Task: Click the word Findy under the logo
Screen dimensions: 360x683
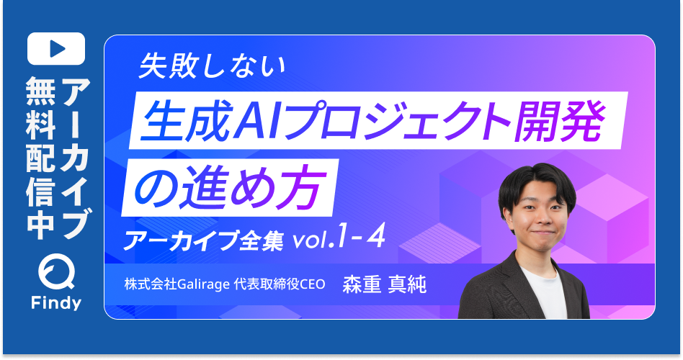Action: coord(55,303)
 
